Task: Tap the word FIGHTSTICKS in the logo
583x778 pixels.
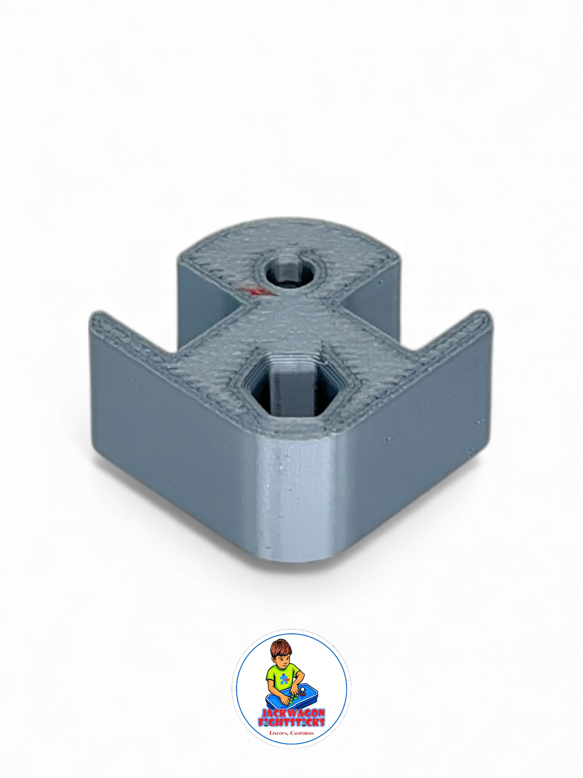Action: (x=291, y=722)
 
